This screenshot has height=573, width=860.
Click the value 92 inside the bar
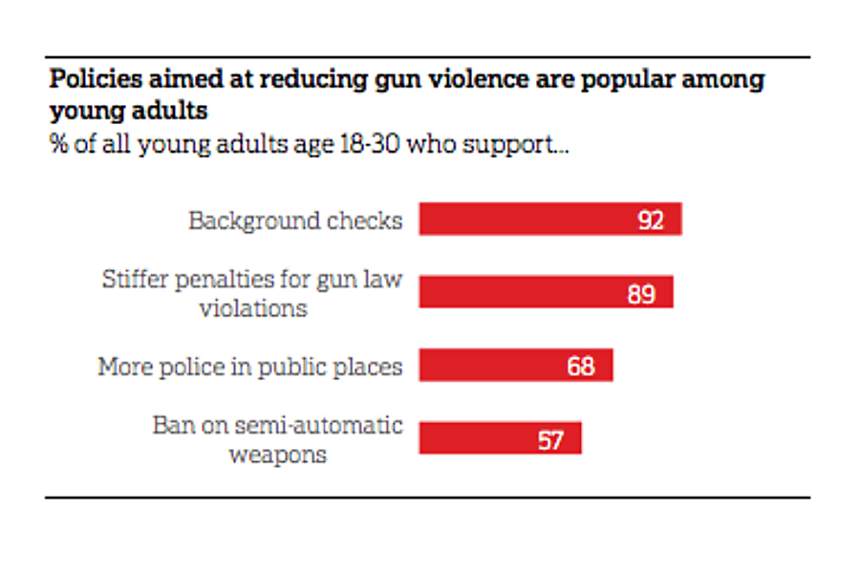651,221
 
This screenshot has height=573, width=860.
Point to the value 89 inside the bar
641,293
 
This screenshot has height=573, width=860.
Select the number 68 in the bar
580,367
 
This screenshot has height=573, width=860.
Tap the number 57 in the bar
549,440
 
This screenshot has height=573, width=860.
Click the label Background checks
295,221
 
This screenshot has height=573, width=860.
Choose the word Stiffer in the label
133,280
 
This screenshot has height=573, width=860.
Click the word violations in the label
253,308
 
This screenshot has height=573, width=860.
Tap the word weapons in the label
277,454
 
